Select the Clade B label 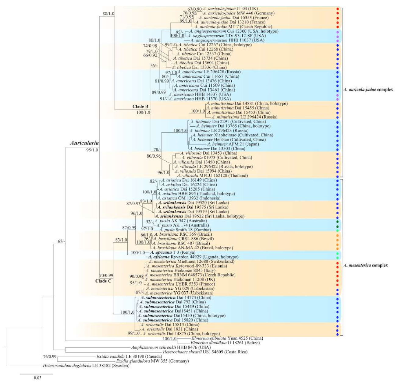pyautogui.click(x=140, y=107)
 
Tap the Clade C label pyautogui.click(x=103, y=281)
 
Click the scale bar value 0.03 pyautogui.click(x=37, y=378)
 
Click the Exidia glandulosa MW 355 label pyautogui.click(x=152, y=361)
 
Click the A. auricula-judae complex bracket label pyautogui.click(x=368, y=90)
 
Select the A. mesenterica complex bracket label pyautogui.click(x=366, y=265)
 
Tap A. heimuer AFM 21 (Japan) pyautogui.click(x=233, y=144)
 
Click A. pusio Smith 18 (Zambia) pyautogui.click(x=185, y=230)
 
